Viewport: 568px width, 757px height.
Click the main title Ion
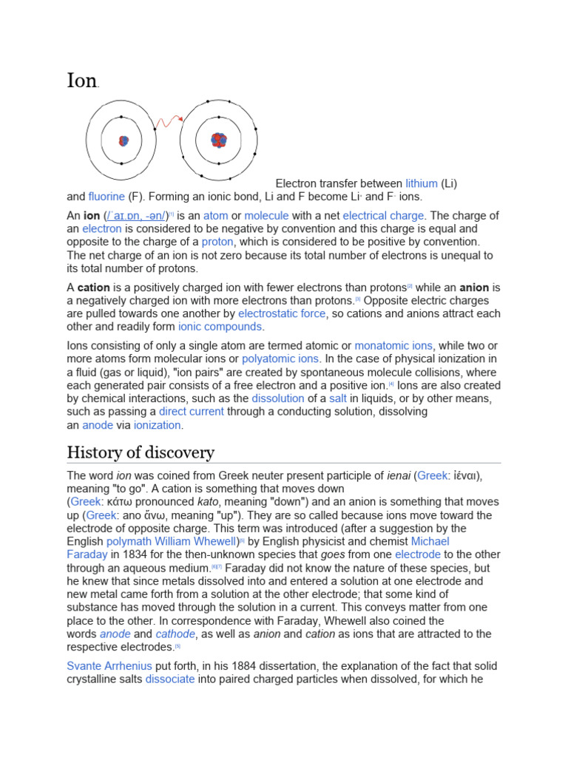82,80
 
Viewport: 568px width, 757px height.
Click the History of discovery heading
141,452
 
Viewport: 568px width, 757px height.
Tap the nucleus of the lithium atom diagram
123,140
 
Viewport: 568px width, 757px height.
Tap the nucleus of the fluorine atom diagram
219,140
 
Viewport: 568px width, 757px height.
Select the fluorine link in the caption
106,197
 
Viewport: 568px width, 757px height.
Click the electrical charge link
383,216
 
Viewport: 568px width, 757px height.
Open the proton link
217,242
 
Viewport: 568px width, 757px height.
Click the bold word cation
95,288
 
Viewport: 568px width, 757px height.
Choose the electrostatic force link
281,314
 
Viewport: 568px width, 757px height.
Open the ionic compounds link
220,327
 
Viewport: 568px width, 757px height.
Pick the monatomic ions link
393,346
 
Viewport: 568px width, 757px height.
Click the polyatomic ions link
280,359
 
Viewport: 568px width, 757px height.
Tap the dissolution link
278,399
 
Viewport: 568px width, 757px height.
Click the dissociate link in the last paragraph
170,679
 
